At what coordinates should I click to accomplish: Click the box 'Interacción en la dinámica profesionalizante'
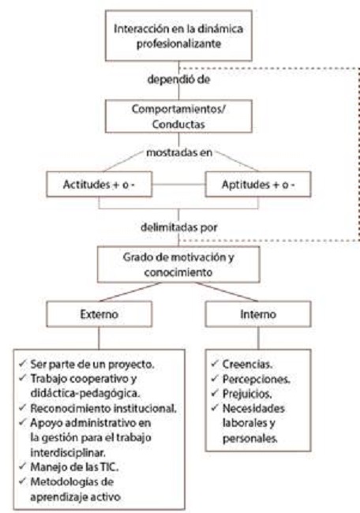click(x=178, y=36)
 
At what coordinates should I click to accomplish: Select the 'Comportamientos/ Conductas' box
click(x=178, y=116)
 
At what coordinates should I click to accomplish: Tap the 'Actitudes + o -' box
click(x=99, y=184)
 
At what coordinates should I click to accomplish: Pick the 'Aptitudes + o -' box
click(x=258, y=184)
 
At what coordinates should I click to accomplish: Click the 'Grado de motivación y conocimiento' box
click(x=178, y=264)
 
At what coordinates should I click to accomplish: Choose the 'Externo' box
click(x=99, y=314)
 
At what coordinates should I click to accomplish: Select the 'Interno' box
click(x=258, y=314)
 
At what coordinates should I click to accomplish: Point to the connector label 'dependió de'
click(x=178, y=80)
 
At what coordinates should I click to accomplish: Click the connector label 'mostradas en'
click(x=179, y=152)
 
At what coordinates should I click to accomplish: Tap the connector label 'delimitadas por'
click(x=179, y=227)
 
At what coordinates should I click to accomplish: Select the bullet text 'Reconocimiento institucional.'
click(x=103, y=408)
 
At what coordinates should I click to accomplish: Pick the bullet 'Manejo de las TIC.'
click(x=74, y=467)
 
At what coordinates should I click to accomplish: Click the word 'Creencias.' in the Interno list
click(x=247, y=364)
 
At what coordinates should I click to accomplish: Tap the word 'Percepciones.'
click(x=257, y=379)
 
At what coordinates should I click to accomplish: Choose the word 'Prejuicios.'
click(x=247, y=394)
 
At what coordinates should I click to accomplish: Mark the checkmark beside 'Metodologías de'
click(x=22, y=481)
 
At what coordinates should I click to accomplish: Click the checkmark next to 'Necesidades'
click(x=215, y=408)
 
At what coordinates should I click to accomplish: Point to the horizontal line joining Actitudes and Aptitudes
click(x=178, y=184)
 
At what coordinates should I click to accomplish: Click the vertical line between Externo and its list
click(x=99, y=338)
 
